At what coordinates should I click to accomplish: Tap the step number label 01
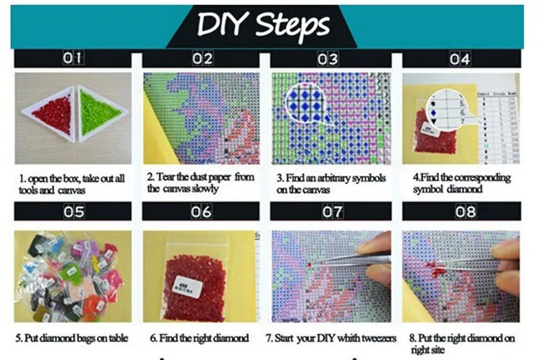(72, 58)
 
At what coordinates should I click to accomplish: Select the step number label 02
(201, 58)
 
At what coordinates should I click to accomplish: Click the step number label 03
(328, 58)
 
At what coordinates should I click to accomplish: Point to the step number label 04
(460, 58)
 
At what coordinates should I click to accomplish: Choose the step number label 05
(73, 212)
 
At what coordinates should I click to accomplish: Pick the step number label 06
(201, 212)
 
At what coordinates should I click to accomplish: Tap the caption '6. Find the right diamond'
(199, 339)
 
